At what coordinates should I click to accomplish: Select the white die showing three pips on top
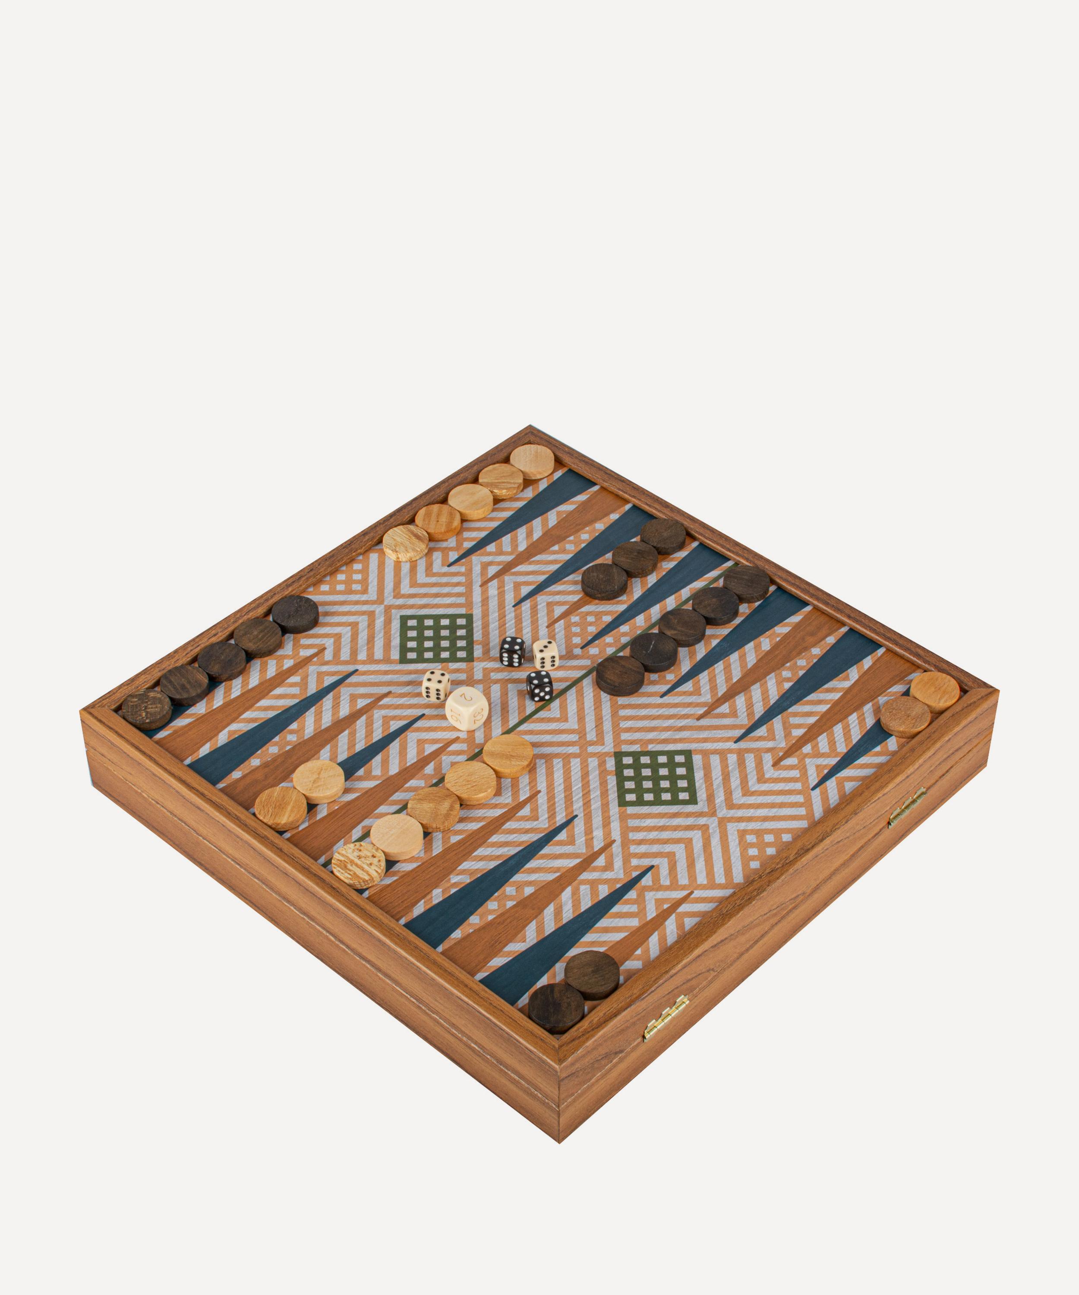pos(545,654)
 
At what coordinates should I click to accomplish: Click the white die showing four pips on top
pos(435,685)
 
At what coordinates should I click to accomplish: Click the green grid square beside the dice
pos(436,638)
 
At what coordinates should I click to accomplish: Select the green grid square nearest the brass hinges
pos(656,778)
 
